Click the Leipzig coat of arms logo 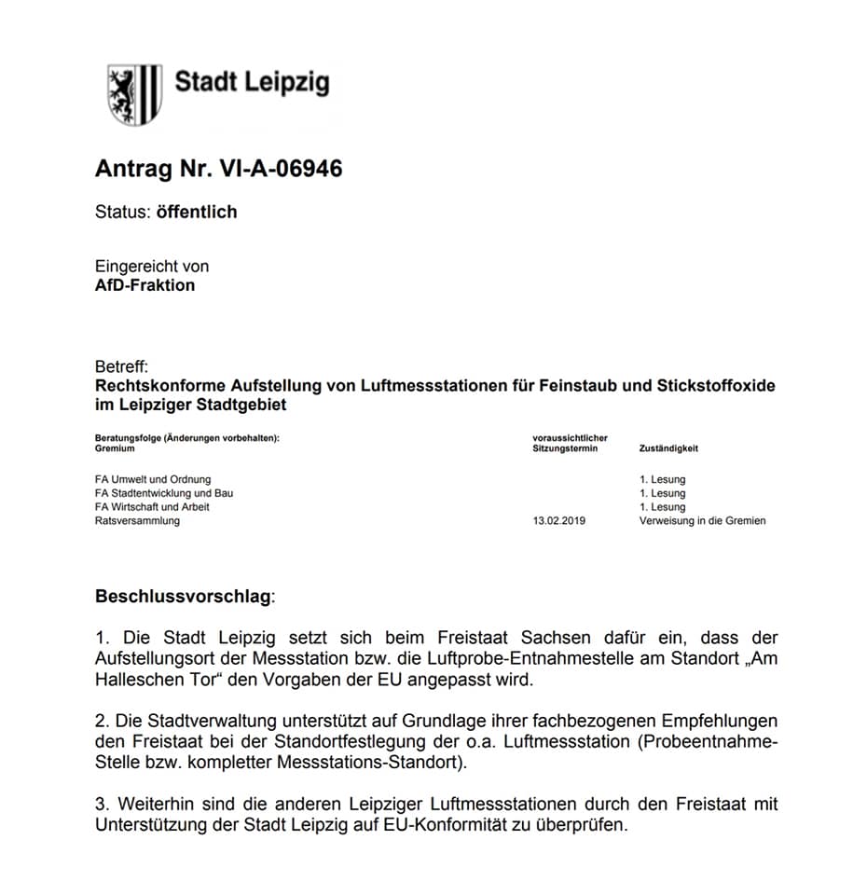click(134, 94)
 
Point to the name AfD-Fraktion click(145, 285)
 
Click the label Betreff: click(122, 367)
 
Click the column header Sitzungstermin click(565, 448)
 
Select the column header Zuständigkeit click(668, 448)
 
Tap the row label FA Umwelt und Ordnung click(153, 480)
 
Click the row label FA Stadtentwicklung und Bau click(164, 493)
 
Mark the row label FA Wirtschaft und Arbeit click(152, 507)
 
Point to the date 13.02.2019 click(557, 521)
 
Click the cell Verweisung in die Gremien click(702, 521)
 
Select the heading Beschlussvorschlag click(183, 595)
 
